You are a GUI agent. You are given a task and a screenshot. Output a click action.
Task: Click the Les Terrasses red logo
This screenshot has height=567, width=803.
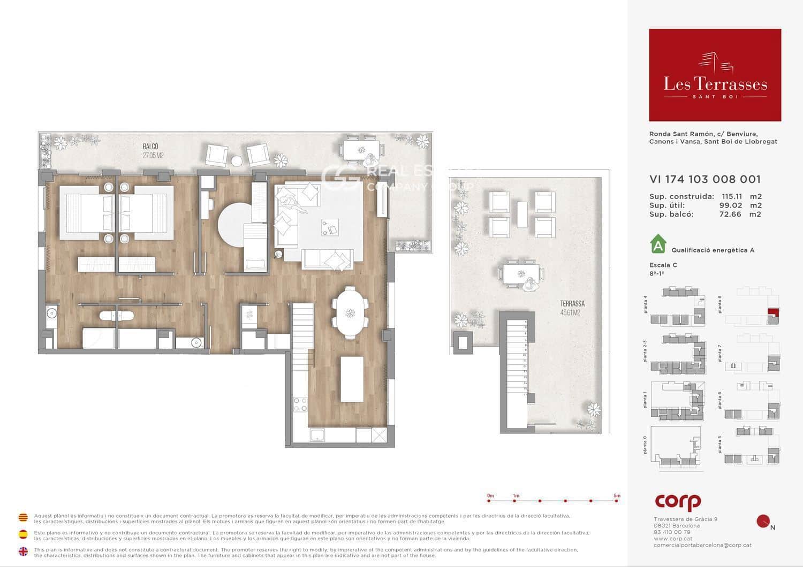click(715, 75)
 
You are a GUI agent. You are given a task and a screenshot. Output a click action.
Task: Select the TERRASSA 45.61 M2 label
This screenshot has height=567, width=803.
click(572, 308)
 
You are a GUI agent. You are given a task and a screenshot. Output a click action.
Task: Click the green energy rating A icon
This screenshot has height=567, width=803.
click(657, 244)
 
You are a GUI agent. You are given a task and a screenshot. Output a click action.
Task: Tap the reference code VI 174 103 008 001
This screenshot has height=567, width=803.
click(704, 180)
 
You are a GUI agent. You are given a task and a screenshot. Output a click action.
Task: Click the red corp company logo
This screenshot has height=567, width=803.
click(678, 502)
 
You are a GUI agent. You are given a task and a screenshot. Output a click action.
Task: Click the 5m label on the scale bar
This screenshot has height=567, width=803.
click(617, 496)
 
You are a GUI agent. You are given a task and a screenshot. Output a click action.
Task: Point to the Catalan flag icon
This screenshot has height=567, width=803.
click(23, 518)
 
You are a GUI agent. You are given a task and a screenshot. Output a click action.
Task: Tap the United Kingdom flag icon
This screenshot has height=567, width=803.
click(23, 551)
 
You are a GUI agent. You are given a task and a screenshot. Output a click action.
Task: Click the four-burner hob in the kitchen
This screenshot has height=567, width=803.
click(300, 404)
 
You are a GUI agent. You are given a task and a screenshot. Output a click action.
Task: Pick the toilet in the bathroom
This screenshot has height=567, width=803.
click(117, 315)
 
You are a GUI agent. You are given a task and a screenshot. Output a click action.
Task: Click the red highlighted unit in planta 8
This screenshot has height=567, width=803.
click(772, 313)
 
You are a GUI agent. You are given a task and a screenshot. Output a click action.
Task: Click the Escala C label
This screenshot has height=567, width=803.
click(663, 265)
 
